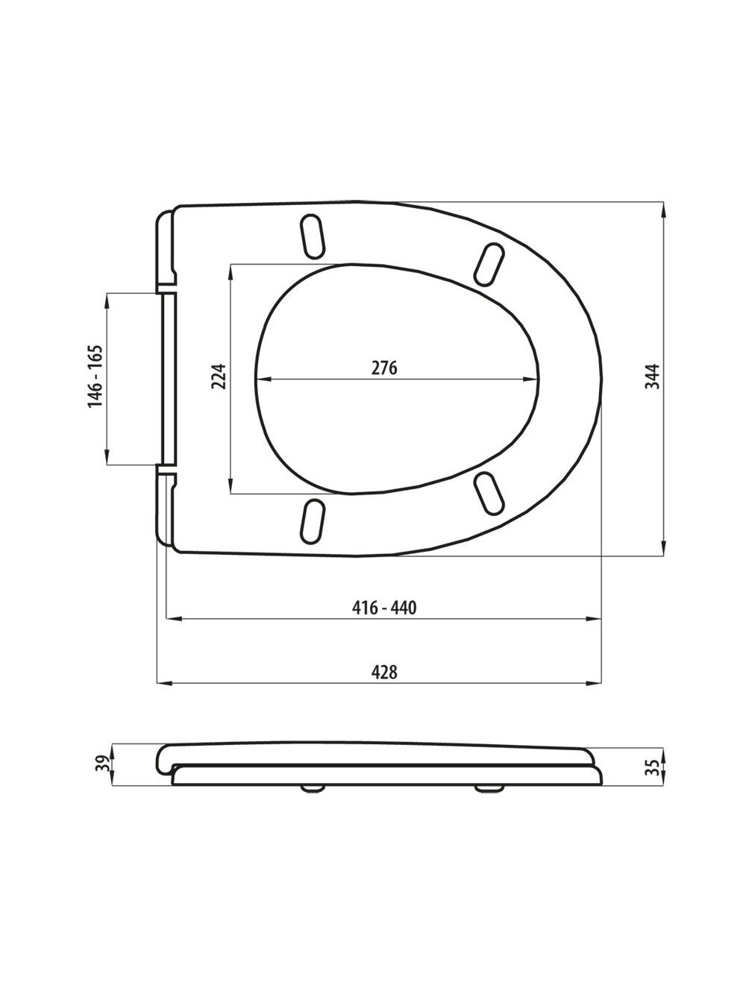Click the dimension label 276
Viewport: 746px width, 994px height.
tap(384, 368)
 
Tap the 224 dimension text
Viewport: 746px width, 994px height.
tap(219, 377)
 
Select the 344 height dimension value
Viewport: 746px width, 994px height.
tap(653, 377)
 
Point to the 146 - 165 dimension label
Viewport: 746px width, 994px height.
tap(95, 377)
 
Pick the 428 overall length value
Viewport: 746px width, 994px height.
tap(384, 672)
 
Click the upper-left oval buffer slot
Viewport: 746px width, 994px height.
tap(312, 237)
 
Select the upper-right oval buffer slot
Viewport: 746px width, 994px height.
tap(489, 265)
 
